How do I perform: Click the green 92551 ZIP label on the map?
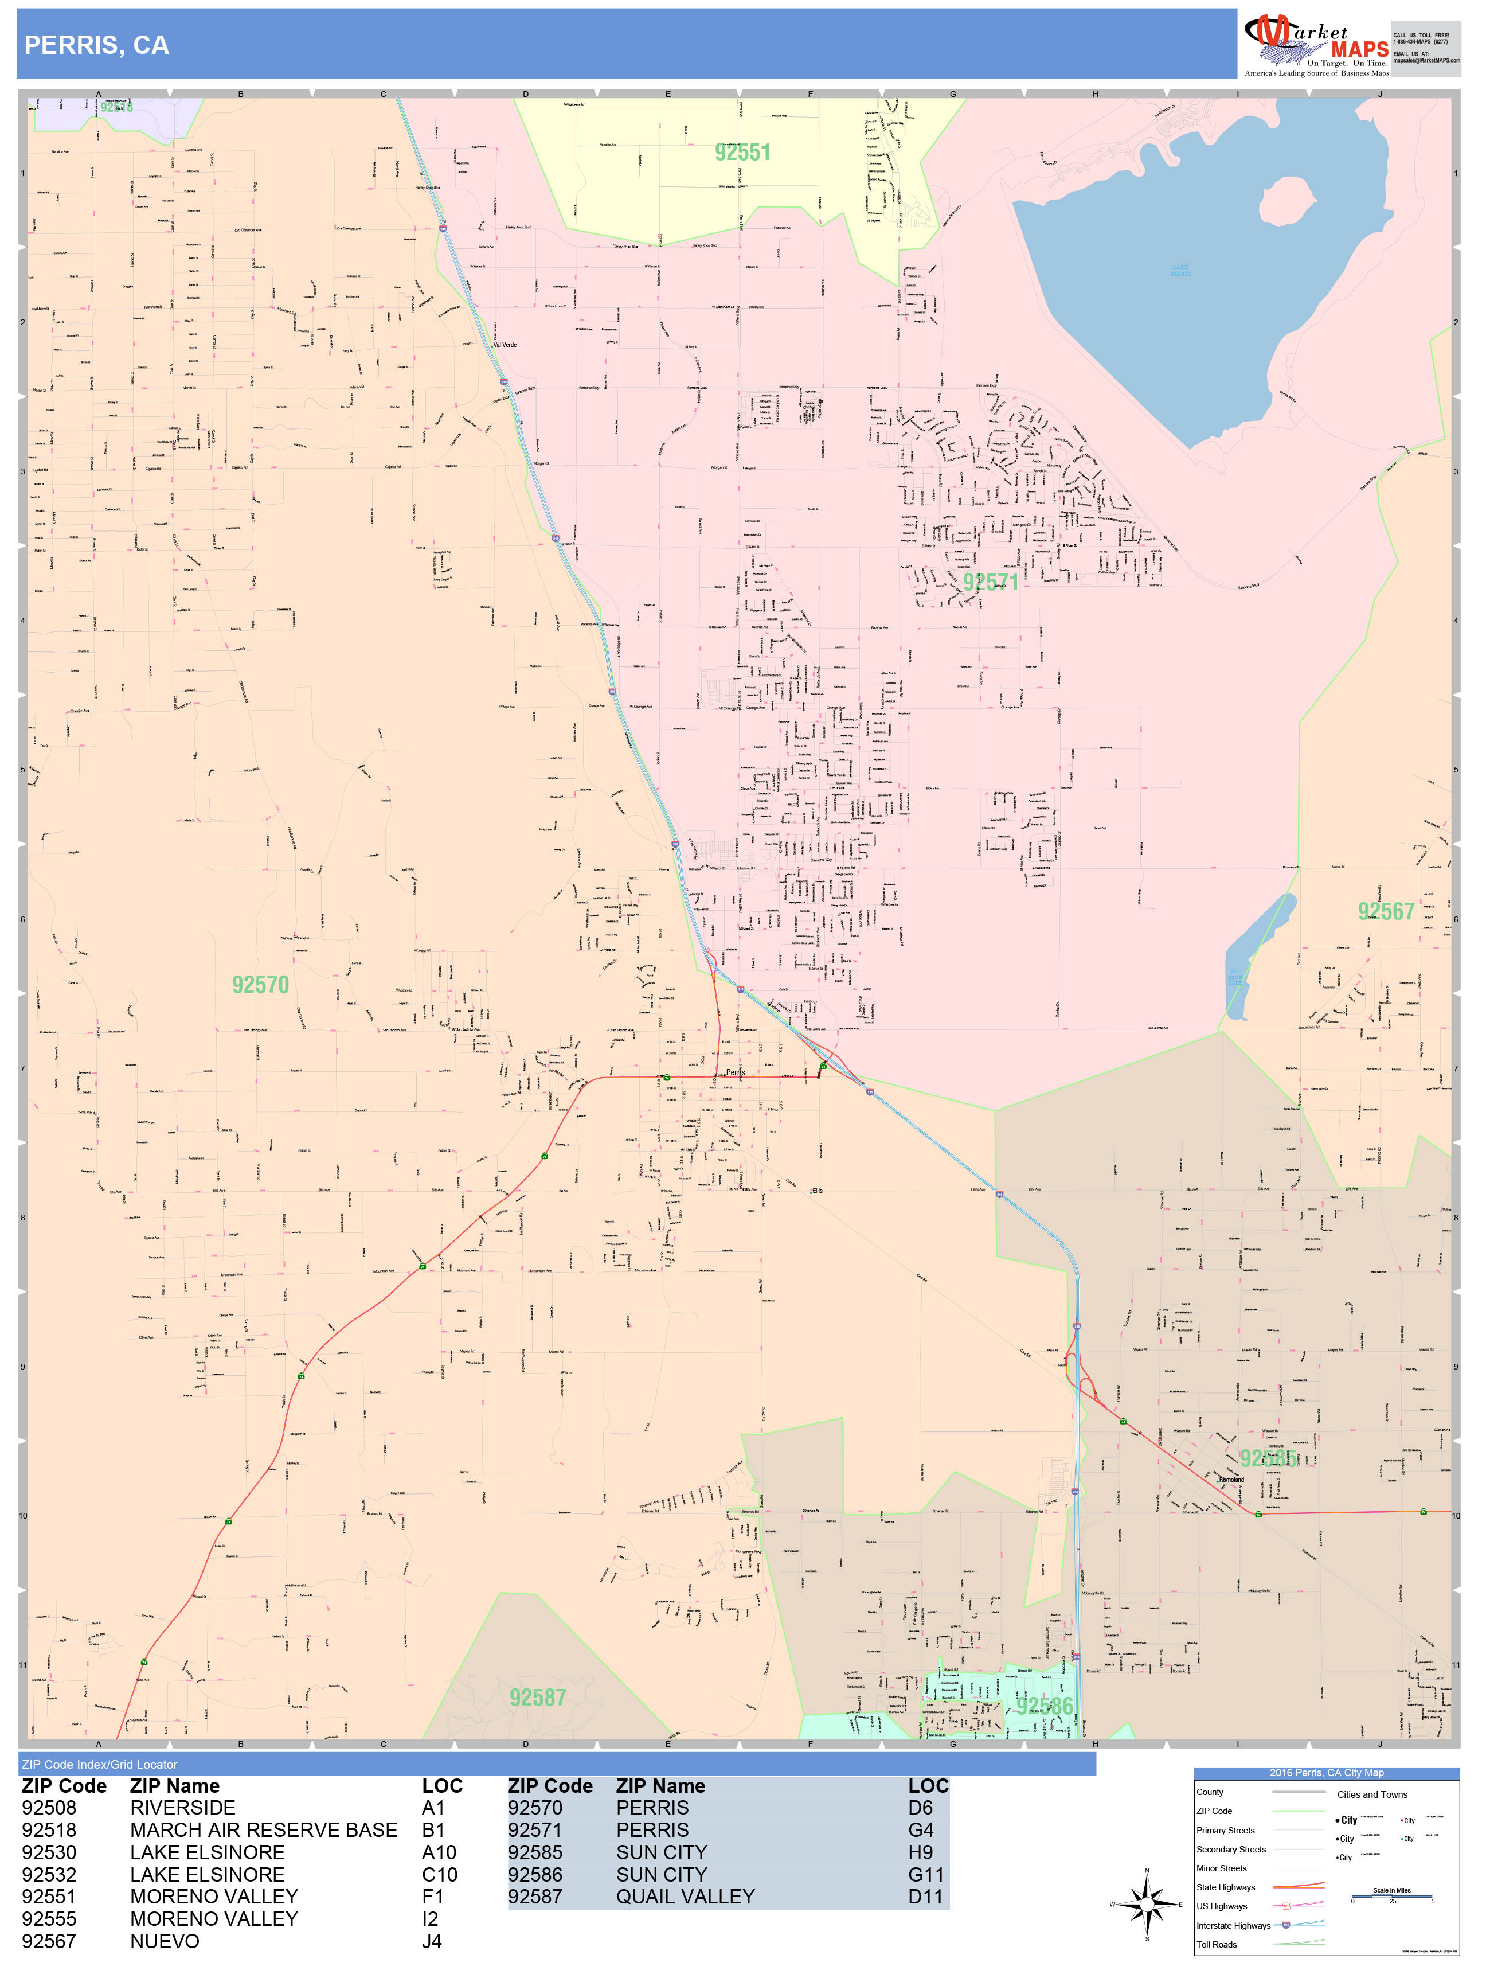pyautogui.click(x=742, y=153)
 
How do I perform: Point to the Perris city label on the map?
pyautogui.click(x=736, y=1072)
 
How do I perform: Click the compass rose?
pyautogui.click(x=1147, y=1904)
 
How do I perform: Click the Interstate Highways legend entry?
pyautogui.click(x=1233, y=1926)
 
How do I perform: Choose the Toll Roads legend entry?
pyautogui.click(x=1217, y=1944)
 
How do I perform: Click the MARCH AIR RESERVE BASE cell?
pyautogui.click(x=263, y=1829)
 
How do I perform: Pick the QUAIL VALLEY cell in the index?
pyautogui.click(x=685, y=1897)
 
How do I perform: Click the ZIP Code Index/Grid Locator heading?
pyautogui.click(x=99, y=1764)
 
